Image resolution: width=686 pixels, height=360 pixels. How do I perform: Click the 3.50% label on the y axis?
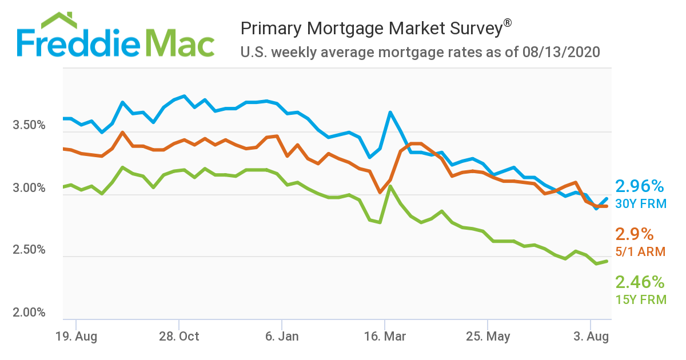[29, 125]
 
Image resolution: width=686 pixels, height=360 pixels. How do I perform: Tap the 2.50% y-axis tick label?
[29, 250]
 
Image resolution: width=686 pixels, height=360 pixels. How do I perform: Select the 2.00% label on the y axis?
[29, 313]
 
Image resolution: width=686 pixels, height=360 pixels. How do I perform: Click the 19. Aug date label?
[77, 336]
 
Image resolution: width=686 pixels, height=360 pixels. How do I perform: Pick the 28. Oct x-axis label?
[180, 336]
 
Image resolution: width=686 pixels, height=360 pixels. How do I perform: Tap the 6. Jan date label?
[282, 336]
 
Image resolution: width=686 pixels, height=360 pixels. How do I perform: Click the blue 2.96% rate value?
[639, 186]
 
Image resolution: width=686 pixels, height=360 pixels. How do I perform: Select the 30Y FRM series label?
[640, 203]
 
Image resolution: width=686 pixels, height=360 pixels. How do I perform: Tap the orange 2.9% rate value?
[634, 234]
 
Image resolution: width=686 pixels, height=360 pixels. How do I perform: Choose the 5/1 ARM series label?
[640, 251]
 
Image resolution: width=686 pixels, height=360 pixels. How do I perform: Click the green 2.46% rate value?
[639, 282]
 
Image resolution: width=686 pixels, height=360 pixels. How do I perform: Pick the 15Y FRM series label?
[640, 299]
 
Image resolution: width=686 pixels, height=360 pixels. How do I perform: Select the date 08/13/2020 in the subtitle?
[561, 53]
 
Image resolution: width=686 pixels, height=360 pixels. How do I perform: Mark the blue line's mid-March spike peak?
[390, 113]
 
